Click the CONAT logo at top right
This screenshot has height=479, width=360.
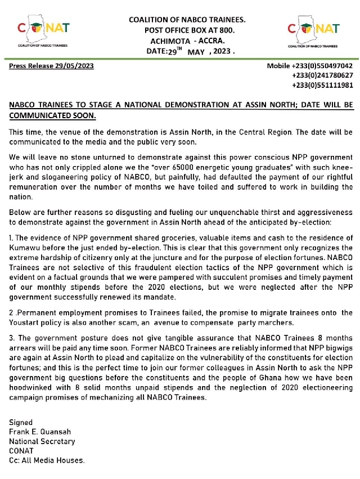pyautogui.click(x=314, y=32)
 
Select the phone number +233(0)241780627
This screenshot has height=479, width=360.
pyautogui.click(x=322, y=75)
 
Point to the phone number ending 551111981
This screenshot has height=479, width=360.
pyautogui.click(x=322, y=85)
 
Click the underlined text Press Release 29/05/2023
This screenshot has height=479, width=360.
pyautogui.click(x=52, y=66)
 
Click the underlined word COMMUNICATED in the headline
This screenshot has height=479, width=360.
pyautogui.click(x=39, y=116)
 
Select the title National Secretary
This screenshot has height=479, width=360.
pyautogui.click(x=42, y=441)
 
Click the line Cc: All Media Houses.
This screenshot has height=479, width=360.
pyautogui.click(x=47, y=460)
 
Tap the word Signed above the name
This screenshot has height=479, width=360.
pyautogui.click(x=21, y=422)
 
